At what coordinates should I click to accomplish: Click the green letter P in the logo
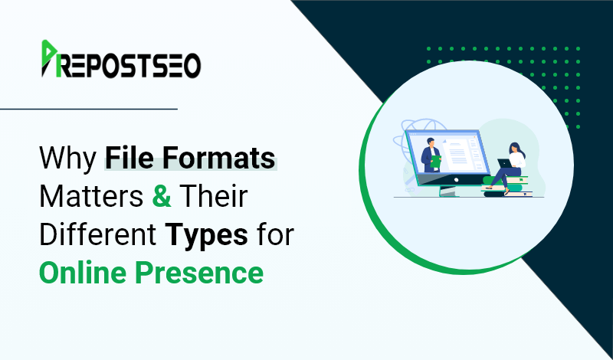(x=49, y=58)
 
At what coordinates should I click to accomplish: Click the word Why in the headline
(x=67, y=159)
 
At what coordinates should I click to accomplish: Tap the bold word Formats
(x=218, y=157)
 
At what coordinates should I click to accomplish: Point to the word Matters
(x=91, y=196)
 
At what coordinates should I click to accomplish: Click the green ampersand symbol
(x=162, y=196)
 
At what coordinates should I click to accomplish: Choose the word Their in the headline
(x=214, y=196)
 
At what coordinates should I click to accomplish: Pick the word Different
(x=98, y=234)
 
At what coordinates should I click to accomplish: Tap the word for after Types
(x=275, y=234)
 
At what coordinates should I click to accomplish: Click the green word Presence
(x=199, y=273)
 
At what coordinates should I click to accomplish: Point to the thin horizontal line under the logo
(x=89, y=109)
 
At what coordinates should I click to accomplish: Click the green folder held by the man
(x=435, y=162)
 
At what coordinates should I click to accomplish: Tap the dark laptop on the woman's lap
(x=504, y=163)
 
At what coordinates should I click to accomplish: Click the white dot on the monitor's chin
(x=456, y=180)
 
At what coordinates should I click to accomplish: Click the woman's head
(x=515, y=149)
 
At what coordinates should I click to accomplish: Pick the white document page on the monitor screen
(x=457, y=152)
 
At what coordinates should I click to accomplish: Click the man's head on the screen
(x=431, y=142)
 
